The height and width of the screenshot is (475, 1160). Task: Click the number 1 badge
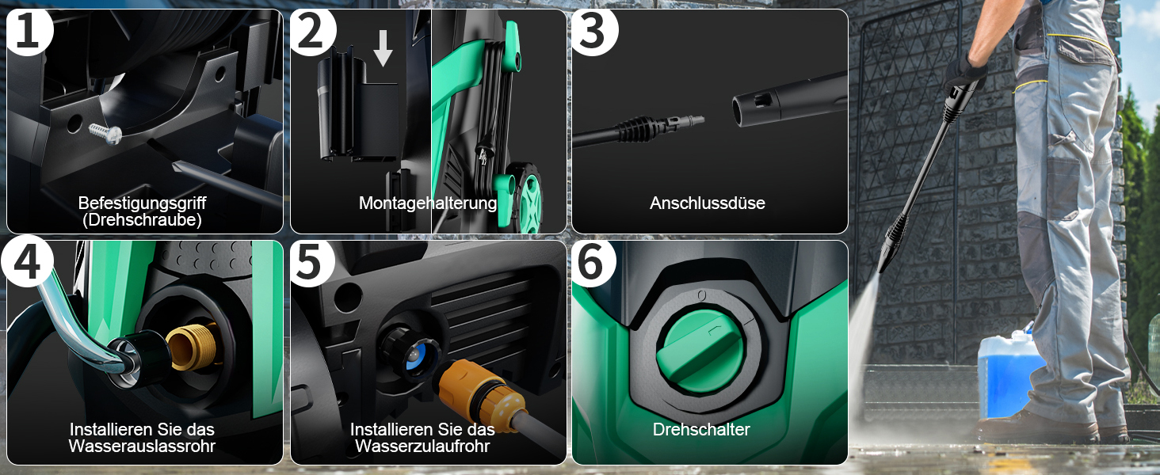tap(29, 30)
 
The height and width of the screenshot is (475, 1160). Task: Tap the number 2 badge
tap(311, 31)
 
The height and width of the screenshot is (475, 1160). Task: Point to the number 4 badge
tap(27, 261)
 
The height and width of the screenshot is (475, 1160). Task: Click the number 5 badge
tap(311, 262)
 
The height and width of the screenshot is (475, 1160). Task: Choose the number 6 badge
tap(593, 262)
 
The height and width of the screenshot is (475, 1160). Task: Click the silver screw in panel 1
tap(105, 134)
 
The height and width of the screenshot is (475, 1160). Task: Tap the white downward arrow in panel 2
tap(383, 48)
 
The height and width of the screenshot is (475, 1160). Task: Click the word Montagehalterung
tap(428, 203)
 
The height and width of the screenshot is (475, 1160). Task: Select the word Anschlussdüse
tap(708, 203)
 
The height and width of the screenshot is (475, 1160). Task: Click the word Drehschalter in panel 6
tap(701, 429)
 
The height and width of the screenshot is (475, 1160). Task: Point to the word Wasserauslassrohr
tap(142, 446)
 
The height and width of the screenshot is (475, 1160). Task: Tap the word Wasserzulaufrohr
tap(422, 446)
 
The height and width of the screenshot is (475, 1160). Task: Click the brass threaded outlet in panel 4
tap(193, 345)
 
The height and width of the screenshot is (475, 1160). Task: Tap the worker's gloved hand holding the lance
tap(965, 73)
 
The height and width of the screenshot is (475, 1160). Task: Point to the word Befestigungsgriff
tap(142, 203)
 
